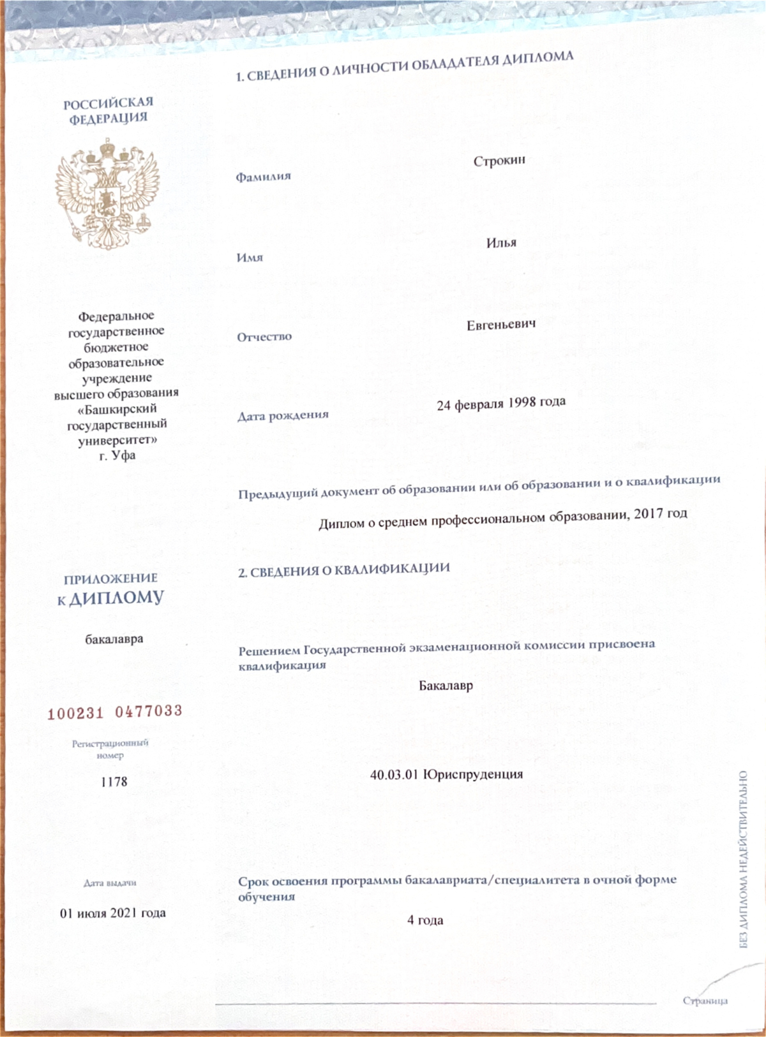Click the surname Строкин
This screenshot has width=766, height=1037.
pos(499,161)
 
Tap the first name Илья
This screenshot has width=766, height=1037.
pos(501,243)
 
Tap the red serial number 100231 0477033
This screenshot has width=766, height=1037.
pos(115,712)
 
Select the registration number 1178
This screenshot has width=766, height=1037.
pos(114,782)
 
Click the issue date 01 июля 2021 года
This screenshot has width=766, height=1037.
pos(113,913)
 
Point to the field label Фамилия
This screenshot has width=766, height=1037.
pos(263,177)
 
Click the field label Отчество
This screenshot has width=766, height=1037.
pos(264,337)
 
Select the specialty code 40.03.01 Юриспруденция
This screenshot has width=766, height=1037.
pos(446,775)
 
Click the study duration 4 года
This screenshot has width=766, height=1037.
pos(425,920)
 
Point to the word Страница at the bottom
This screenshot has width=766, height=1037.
pos(705,1001)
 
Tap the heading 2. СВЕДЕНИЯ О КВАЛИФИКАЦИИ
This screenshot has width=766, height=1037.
pos(344,570)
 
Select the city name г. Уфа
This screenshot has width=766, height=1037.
pos(117,455)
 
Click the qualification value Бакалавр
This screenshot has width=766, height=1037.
pos(446,686)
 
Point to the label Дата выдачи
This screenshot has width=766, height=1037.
pos(110,883)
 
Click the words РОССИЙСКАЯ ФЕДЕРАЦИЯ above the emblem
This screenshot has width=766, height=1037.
pos(109,110)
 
